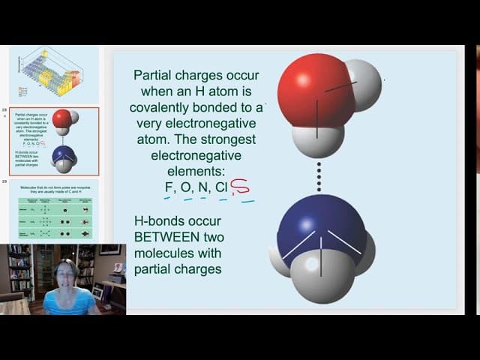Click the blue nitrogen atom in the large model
click(x=315, y=225)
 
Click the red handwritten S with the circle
click(x=241, y=187)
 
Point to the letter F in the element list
click(x=168, y=187)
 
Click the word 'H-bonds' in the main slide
click(x=158, y=222)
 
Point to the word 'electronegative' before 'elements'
click(x=193, y=156)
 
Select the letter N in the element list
click(x=202, y=187)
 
